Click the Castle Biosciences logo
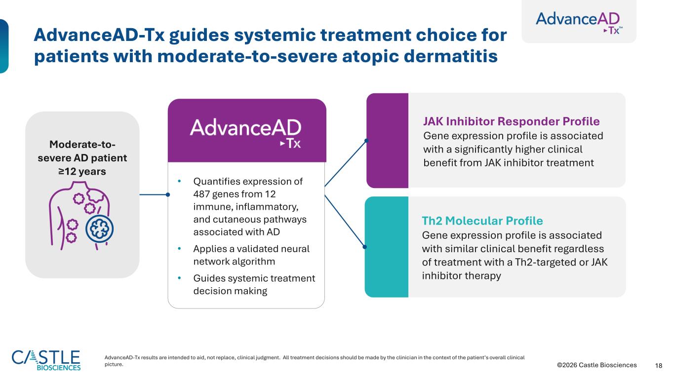click(46, 360)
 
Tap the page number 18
click(659, 366)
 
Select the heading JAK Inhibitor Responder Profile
click(511, 121)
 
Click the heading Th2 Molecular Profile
click(482, 221)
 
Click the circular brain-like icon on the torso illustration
click(100, 229)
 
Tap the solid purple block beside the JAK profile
click(388, 141)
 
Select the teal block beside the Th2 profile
click(387, 247)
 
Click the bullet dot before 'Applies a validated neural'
click(179, 248)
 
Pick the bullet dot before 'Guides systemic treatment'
click(179, 278)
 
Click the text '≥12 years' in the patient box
click(82, 171)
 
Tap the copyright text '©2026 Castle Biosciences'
click(596, 365)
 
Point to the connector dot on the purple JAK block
click(366, 141)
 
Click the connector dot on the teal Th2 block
click(365, 247)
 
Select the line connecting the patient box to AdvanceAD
click(154, 194)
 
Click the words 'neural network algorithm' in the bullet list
click(251, 255)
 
